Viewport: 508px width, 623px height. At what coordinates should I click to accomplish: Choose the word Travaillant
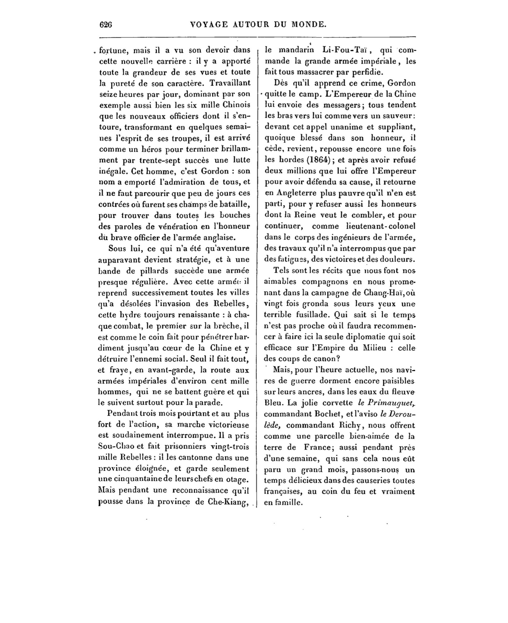tap(230, 83)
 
